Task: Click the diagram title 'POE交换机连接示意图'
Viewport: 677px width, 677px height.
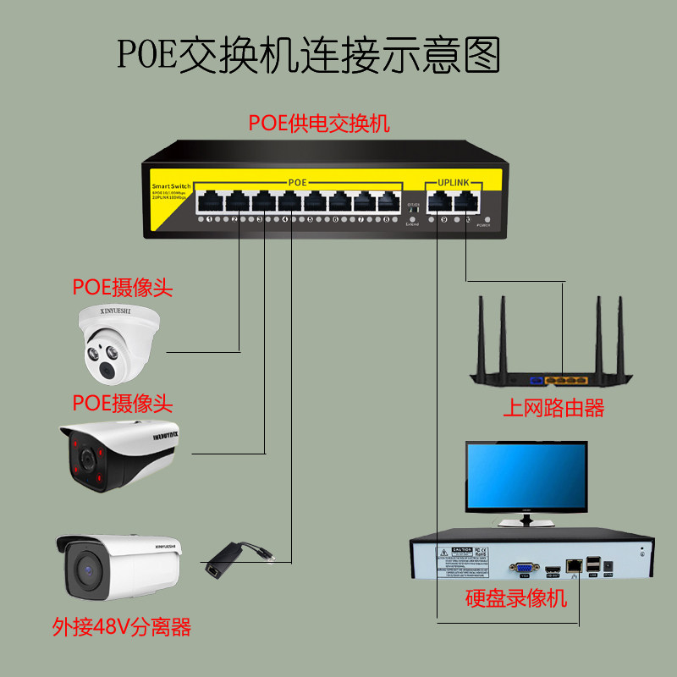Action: coord(309,54)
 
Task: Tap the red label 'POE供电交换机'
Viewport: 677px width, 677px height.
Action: coord(319,123)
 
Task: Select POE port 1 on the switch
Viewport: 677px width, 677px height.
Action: coord(208,202)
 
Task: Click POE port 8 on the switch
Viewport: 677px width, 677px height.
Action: coord(388,202)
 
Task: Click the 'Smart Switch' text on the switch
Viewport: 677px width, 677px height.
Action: coord(172,184)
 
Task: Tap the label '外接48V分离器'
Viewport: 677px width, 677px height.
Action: coord(122,627)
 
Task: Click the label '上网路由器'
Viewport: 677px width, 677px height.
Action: coord(553,409)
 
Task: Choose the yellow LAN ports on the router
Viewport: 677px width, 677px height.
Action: coord(565,381)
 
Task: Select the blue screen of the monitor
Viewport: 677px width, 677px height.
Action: coord(526,476)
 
